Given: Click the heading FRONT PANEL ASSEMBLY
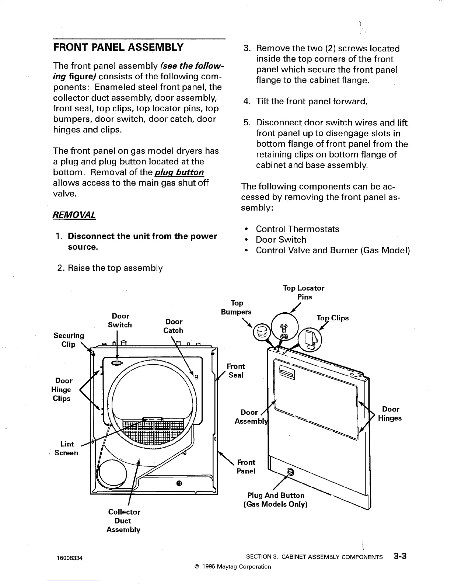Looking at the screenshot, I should (118, 48).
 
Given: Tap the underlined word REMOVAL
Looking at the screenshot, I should (74, 215).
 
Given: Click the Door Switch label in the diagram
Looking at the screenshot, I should (120, 320).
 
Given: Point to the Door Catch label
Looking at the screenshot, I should (174, 326).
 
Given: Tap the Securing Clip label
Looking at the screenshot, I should (69, 340).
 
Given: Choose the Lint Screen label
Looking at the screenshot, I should (66, 448).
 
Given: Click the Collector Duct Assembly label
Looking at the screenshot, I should (123, 521).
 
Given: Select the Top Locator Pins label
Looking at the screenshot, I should (304, 292).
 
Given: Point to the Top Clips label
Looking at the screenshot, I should (332, 318).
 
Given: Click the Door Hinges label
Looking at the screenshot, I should (391, 414).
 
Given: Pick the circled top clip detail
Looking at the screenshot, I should (309, 338).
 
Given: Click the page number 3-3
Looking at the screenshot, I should (399, 556).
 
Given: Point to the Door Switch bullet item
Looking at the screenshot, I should (281, 240).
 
